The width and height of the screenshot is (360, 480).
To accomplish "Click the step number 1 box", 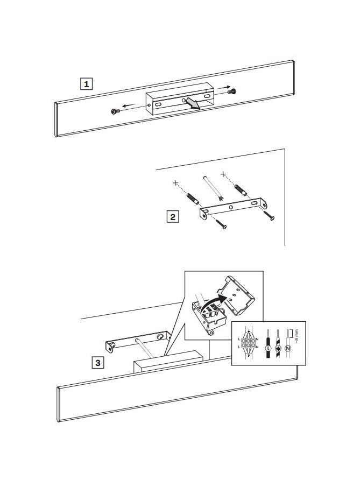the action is click(x=86, y=84).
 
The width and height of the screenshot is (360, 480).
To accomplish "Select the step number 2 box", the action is click(x=173, y=217).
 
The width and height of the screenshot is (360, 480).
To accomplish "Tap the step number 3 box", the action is click(x=97, y=363).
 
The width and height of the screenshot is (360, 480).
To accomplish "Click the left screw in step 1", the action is click(x=115, y=111).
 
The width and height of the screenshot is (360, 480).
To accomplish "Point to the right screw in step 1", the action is click(x=232, y=91).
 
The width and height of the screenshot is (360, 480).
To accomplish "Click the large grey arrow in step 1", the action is click(x=193, y=103).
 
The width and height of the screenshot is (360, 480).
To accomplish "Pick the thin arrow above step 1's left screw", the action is click(x=129, y=106).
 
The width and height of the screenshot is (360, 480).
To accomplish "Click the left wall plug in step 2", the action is click(x=193, y=199).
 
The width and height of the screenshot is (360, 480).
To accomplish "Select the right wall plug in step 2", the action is click(x=241, y=190).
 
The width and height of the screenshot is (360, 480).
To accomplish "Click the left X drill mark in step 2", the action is click(x=175, y=183).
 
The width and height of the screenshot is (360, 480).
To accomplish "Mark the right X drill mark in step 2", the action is click(x=223, y=174).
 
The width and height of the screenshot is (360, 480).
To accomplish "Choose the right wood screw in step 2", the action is click(x=270, y=215).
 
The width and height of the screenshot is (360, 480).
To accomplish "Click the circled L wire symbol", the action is click(x=269, y=348).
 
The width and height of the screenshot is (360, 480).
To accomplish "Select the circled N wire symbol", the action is click(x=288, y=348).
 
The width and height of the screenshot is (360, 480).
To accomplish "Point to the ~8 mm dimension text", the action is click(x=297, y=336).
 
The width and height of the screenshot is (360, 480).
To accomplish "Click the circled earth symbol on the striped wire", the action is click(x=278, y=348).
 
